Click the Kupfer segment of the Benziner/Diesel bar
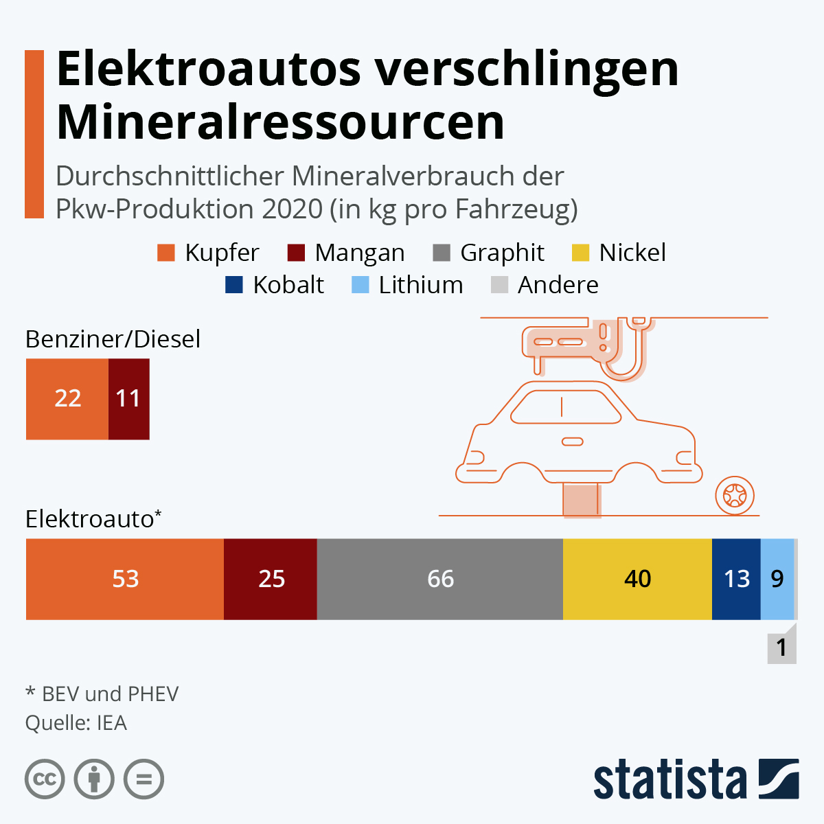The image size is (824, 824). (x=67, y=399)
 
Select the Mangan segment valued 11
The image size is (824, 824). (x=128, y=399)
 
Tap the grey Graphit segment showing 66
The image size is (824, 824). (x=439, y=579)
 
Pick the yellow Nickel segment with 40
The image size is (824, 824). (x=637, y=579)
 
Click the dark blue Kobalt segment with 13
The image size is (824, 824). (x=736, y=579)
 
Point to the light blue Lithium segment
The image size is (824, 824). (x=777, y=579)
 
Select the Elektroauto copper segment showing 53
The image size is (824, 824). (x=125, y=579)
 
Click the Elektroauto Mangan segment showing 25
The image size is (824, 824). (x=271, y=579)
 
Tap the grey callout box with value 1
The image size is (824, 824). (x=781, y=648)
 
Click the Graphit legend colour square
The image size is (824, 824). (x=442, y=253)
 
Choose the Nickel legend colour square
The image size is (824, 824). (x=580, y=253)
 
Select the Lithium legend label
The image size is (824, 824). (x=421, y=285)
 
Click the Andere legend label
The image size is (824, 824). (x=558, y=285)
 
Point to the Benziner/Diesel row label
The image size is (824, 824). (x=113, y=339)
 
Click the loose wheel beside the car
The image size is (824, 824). (x=735, y=495)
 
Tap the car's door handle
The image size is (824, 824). (x=572, y=442)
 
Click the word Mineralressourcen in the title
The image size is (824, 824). (x=280, y=122)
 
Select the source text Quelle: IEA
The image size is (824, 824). (x=76, y=723)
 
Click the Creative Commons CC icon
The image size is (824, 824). (x=45, y=779)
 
